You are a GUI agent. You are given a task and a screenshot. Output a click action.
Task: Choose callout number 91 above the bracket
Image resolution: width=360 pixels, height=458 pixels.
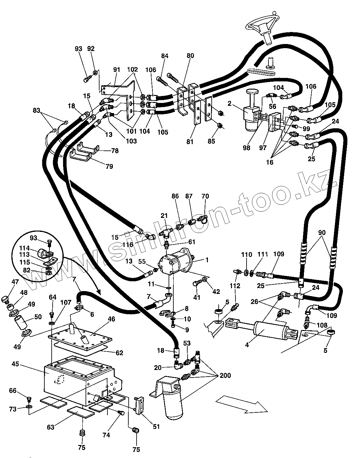pos(117,70)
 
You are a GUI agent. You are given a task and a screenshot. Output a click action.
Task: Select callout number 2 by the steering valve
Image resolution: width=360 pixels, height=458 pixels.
pos(229,103)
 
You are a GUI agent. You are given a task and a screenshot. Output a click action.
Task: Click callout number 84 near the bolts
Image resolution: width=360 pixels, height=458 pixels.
pos(164,56)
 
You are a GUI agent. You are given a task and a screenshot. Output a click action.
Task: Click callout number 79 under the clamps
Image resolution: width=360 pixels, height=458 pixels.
pos(109,166)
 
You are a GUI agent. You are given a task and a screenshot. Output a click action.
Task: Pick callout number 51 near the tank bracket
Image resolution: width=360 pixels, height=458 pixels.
pos(156,426)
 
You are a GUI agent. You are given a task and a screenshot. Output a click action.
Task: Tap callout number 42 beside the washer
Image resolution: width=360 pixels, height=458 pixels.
pos(216,292)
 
